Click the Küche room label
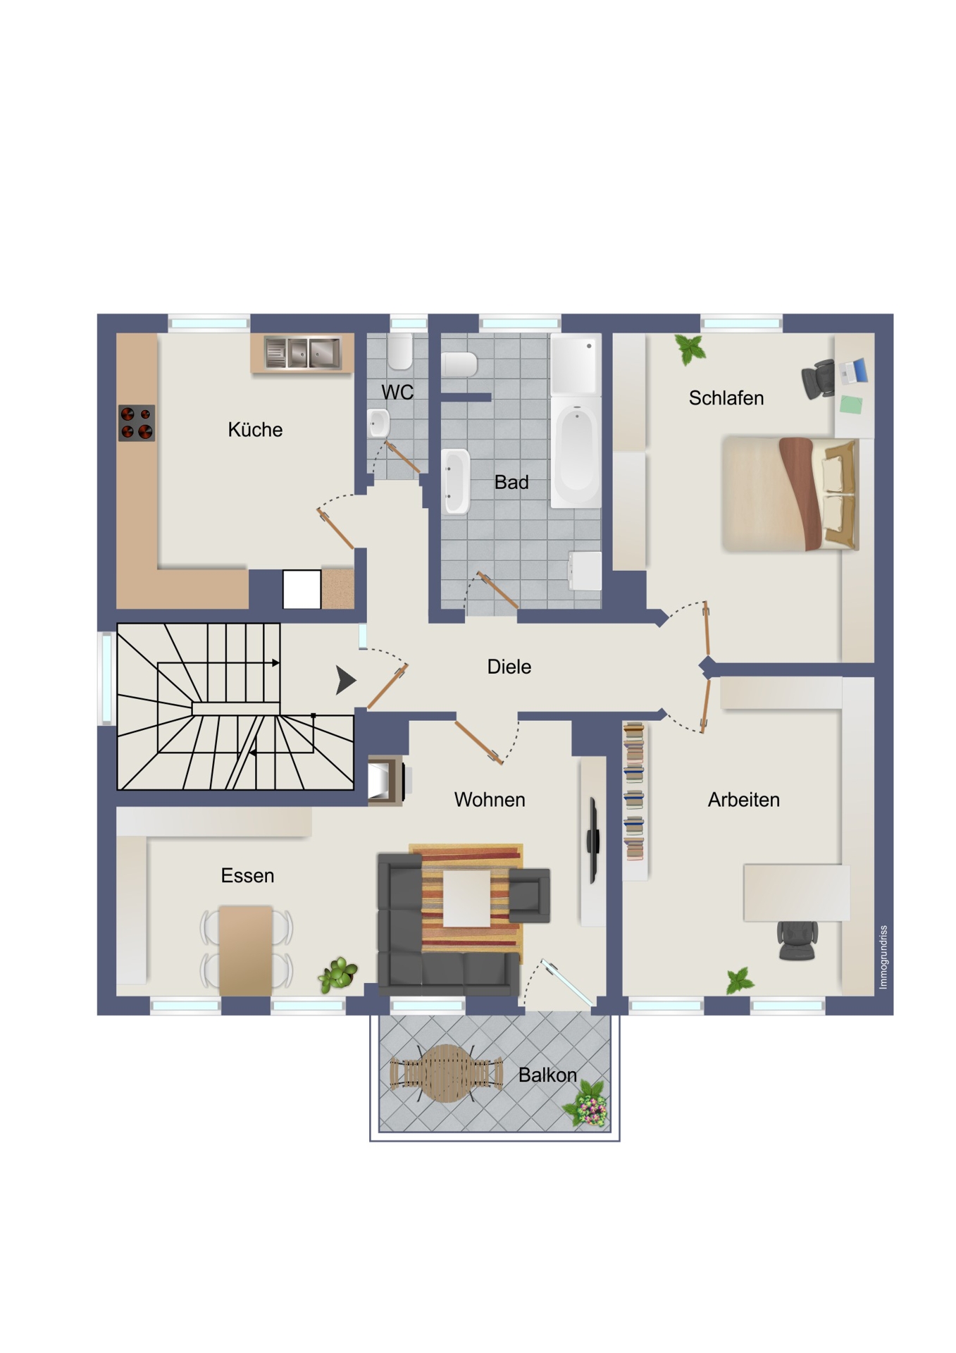[255, 429]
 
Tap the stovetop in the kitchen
[137, 423]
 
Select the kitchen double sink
[302, 352]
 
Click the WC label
[397, 393]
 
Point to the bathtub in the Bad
[576, 451]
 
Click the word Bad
[511, 483]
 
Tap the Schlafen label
[726, 398]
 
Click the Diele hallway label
[509, 667]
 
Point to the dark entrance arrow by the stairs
[345, 680]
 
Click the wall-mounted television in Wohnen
[593, 840]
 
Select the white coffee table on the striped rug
[466, 898]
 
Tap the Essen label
[247, 876]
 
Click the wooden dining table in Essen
[246, 951]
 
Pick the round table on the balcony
[446, 1073]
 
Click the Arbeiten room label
[744, 800]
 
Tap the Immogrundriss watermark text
[883, 957]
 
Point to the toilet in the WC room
[400, 351]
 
